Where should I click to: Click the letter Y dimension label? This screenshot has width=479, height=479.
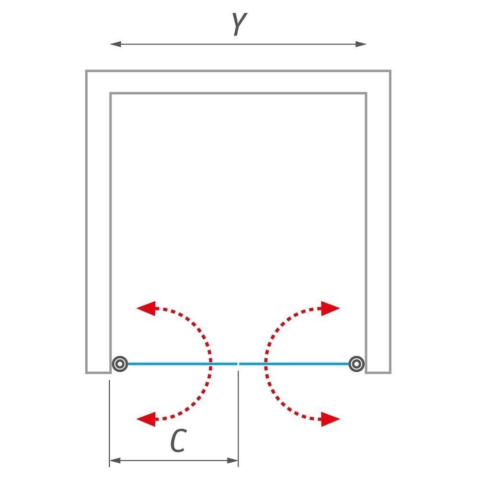(x=239, y=24)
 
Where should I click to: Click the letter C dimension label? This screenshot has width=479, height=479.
(x=178, y=441)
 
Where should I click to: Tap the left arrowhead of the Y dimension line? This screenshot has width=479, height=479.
(x=115, y=44)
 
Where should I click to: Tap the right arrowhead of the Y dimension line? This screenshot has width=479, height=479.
(x=361, y=44)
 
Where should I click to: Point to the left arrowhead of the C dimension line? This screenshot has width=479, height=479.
(x=115, y=460)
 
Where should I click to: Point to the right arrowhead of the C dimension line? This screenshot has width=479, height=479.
(x=232, y=460)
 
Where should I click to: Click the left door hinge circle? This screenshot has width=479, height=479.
(x=120, y=364)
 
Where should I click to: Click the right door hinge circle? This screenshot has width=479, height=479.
(x=356, y=364)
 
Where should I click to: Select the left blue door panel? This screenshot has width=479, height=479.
(x=182, y=364)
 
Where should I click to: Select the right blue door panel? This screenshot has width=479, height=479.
(x=294, y=364)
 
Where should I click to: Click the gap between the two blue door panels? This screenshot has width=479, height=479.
(x=238, y=364)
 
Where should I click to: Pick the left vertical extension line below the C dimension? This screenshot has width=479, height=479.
(x=109, y=423)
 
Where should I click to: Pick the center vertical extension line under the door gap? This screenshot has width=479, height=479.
(x=238, y=418)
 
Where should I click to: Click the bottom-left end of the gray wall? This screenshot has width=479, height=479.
(x=98, y=372)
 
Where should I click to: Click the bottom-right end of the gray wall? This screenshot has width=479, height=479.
(x=378, y=372)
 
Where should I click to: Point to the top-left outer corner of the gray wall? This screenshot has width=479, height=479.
(x=86, y=70)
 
